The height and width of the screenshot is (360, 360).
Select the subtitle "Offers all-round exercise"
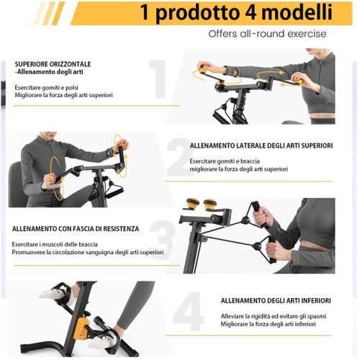(267, 34)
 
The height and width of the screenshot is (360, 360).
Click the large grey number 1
(158, 79)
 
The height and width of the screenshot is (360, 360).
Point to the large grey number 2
(179, 157)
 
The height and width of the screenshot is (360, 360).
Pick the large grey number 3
(161, 240)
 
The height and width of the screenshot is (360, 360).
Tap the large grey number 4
(189, 311)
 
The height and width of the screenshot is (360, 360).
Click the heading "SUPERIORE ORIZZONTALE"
(53, 64)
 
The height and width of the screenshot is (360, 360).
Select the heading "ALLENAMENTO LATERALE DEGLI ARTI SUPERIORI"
(261, 145)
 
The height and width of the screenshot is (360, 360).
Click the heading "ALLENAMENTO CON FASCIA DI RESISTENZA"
(76, 229)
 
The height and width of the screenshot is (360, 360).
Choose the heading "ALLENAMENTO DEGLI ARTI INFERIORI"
(276, 301)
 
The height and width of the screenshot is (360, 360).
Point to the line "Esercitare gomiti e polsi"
(46, 88)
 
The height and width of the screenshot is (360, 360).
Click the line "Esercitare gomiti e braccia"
(225, 161)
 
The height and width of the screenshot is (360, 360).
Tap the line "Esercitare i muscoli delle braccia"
(55, 245)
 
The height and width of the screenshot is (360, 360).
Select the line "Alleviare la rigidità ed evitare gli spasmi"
(274, 316)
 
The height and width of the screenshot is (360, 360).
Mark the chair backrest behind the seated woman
(16, 184)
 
